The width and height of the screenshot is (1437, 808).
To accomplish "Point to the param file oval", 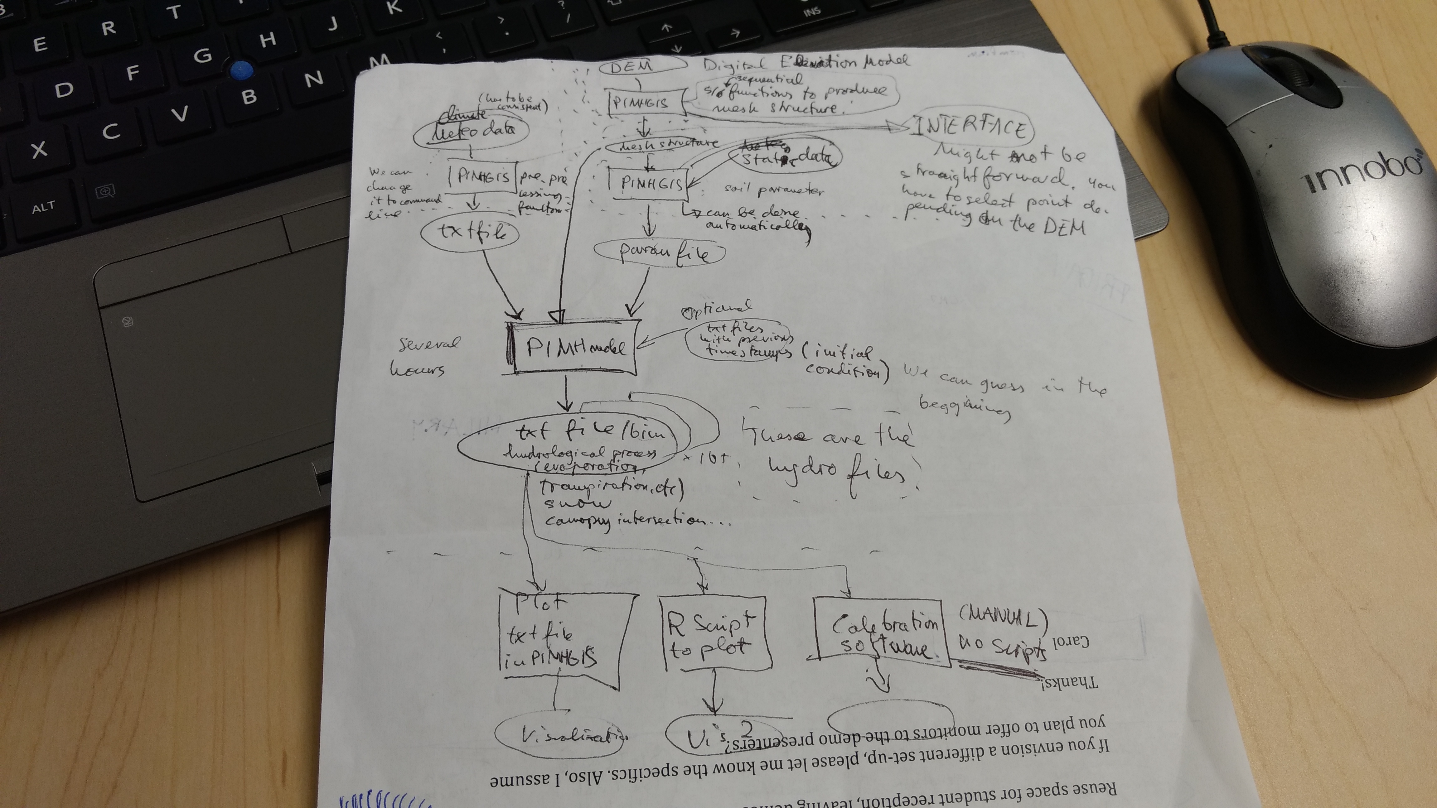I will point(661,252).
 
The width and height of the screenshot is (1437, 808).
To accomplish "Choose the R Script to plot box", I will point(714,633).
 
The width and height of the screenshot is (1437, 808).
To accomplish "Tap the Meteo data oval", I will point(472,131).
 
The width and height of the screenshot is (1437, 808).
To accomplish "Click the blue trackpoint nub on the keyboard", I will point(241,70).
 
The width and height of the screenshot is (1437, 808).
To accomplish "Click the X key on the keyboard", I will point(39,149).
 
